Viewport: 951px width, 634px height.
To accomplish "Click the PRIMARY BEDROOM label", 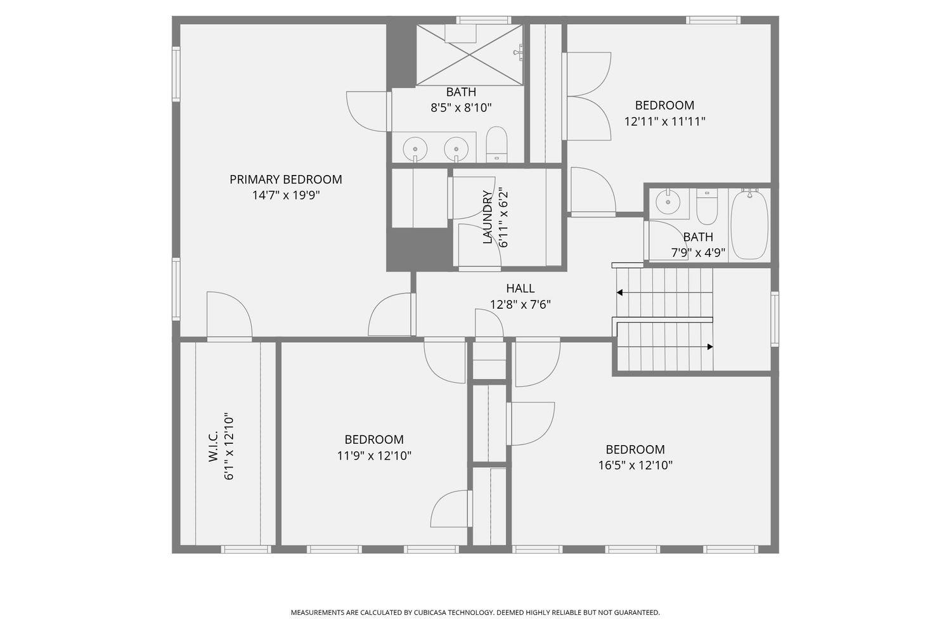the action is [286, 179].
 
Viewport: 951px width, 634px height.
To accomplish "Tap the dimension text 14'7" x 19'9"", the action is [286, 195].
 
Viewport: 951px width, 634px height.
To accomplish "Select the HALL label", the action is [520, 288].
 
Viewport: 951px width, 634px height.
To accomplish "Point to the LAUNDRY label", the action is [488, 217].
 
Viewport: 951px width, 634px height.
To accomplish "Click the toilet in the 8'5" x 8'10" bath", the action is [496, 144].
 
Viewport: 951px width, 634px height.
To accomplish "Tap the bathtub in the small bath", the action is [749, 224].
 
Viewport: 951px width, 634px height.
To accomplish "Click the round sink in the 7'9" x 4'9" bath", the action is [668, 202].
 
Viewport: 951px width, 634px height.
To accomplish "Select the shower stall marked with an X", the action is [469, 55].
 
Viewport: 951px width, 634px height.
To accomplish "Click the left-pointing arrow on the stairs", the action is [619, 292].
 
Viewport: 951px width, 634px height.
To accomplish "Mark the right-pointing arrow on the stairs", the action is [710, 347].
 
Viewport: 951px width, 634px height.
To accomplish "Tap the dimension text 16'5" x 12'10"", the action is [635, 465].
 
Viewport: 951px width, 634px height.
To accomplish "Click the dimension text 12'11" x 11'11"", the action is [664, 122].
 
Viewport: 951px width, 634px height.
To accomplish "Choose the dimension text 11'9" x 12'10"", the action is [374, 456].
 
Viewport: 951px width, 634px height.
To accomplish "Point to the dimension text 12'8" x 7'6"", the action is [520, 304].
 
